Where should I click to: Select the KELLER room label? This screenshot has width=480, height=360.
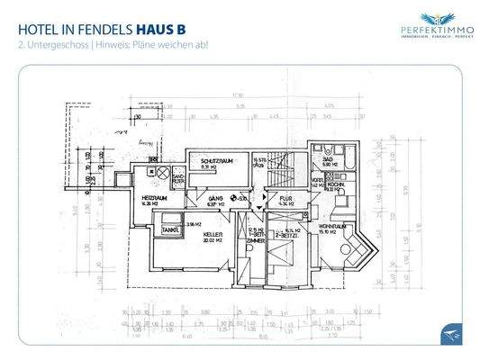click(x=213, y=233)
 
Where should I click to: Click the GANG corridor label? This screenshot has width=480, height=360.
click(x=213, y=199)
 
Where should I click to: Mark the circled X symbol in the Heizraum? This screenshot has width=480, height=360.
click(x=162, y=171)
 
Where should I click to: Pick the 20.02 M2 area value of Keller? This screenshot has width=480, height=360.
click(x=213, y=240)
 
